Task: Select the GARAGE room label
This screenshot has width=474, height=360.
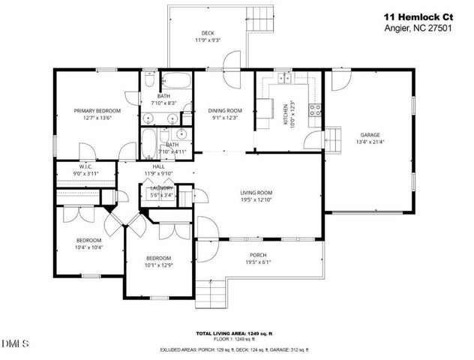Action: (368, 135)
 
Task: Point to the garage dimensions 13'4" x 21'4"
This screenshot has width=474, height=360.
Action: (368, 142)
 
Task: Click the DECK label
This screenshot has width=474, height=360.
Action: (208, 32)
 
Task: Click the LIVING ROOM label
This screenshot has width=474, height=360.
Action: (256, 192)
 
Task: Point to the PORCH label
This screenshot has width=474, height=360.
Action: (256, 255)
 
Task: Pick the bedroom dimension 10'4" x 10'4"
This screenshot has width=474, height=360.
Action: (88, 246)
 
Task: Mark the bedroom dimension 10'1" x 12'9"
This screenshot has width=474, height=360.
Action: (158, 265)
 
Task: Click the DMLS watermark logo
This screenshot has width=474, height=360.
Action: (16, 344)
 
